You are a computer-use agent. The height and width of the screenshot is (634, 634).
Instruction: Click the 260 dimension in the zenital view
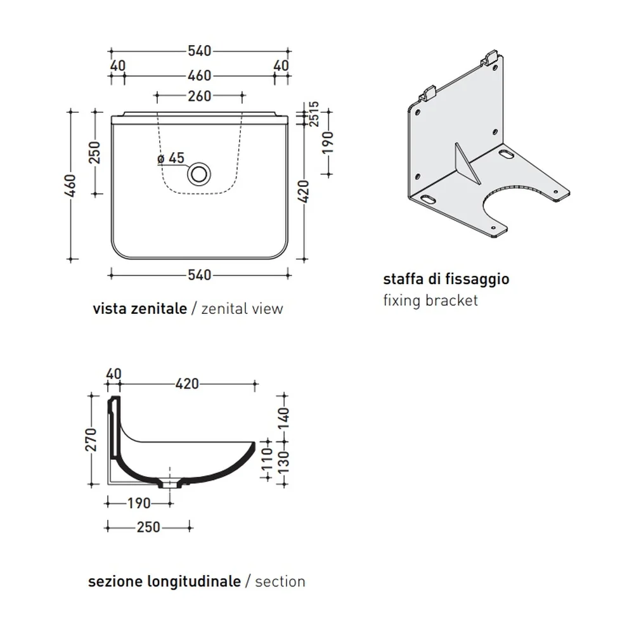[199, 96]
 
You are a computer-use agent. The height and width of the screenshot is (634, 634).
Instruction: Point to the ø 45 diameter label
[171, 158]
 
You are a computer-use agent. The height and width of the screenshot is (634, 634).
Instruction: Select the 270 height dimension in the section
[92, 439]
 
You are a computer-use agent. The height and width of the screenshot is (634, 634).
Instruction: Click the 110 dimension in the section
[268, 459]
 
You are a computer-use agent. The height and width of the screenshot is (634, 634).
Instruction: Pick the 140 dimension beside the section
[284, 419]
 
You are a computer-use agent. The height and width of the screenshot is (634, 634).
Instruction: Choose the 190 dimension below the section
[139, 503]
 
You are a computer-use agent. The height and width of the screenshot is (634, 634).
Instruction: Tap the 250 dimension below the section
[148, 527]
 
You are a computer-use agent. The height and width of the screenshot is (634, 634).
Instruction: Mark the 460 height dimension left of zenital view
[70, 186]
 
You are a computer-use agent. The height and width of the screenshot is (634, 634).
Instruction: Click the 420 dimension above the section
[187, 384]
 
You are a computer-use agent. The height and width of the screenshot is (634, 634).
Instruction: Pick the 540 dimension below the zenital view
[199, 275]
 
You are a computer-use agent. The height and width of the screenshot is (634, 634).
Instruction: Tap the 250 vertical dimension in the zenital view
[94, 152]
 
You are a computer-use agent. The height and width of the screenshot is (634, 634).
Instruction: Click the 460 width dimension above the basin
[199, 75]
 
